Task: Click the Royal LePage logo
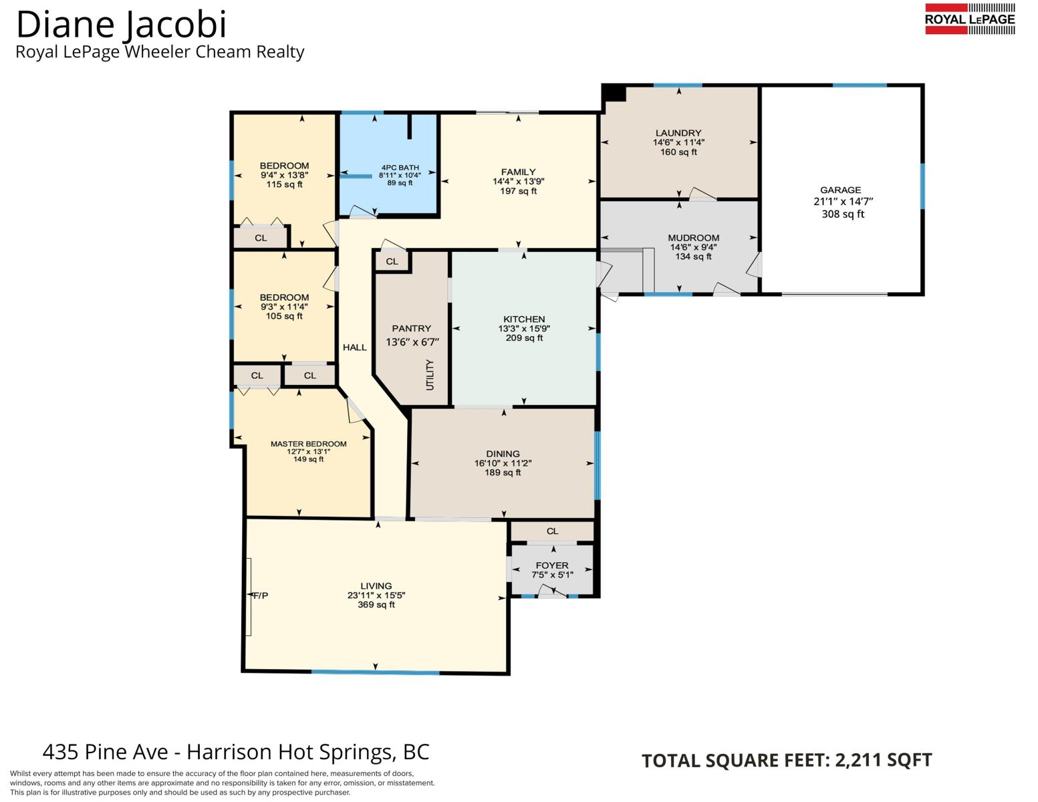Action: [970, 19]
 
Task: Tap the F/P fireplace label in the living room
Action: [261, 595]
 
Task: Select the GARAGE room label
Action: [841, 190]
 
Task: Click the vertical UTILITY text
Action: [430, 375]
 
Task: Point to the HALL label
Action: [354, 348]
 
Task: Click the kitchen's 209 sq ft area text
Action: [524, 338]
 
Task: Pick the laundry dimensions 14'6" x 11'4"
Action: [678, 142]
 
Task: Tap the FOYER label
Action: [552, 565]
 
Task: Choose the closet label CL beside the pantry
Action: [392, 262]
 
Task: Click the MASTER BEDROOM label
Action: [309, 444]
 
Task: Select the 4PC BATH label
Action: [400, 168]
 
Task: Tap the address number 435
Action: [59, 752]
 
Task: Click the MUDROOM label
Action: [694, 238]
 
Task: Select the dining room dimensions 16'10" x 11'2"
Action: [503, 463]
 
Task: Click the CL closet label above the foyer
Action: [552, 531]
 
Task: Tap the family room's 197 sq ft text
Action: [518, 191]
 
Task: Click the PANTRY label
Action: [411, 329]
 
